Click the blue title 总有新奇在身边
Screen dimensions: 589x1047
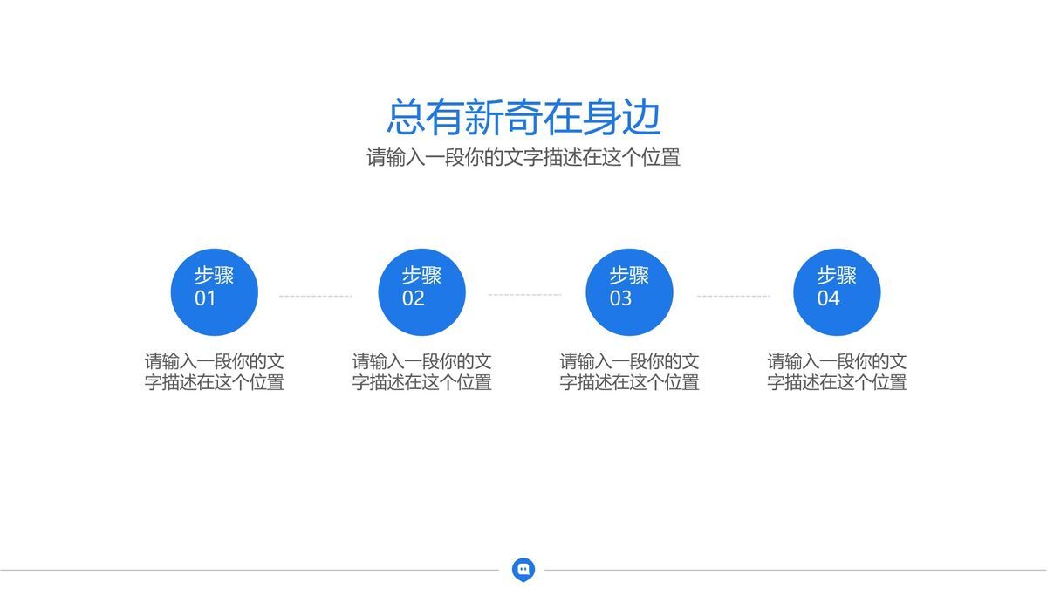(523, 118)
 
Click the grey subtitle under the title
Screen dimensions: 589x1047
(523, 158)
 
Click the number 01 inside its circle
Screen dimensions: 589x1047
(205, 298)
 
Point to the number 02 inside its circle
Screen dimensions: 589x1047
(413, 298)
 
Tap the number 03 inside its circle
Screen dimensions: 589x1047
(620, 298)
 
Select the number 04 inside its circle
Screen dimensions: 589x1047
(828, 298)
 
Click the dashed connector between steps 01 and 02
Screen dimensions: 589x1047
(316, 296)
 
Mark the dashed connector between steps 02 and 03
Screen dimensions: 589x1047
(524, 295)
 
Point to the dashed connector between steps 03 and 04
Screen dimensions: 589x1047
(733, 296)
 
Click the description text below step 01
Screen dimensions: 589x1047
(215, 372)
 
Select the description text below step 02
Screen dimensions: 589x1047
(422, 372)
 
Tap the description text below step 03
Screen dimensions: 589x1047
(630, 372)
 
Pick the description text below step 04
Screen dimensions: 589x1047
(838, 372)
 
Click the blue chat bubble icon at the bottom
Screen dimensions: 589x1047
(523, 569)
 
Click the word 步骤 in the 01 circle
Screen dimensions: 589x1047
(214, 276)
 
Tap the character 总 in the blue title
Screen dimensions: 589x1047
(405, 118)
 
